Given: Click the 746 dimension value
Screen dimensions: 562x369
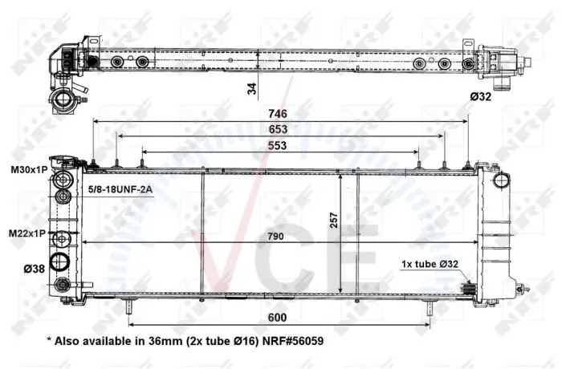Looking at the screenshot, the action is (278, 114).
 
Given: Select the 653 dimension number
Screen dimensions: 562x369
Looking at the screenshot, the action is (278, 129).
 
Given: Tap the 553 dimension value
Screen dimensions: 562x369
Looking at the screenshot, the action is (278, 145).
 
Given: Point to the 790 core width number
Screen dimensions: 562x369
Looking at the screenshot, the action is (275, 237).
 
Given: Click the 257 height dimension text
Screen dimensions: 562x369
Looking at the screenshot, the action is (334, 221).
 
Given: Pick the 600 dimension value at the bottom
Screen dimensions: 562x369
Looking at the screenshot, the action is (278, 318).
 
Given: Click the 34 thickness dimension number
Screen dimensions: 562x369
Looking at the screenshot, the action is (253, 88).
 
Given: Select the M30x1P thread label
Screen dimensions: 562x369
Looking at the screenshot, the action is (29, 170).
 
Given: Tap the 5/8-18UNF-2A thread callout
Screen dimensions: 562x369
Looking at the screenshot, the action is (120, 189).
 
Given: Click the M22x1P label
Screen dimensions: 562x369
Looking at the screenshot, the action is (27, 233).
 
